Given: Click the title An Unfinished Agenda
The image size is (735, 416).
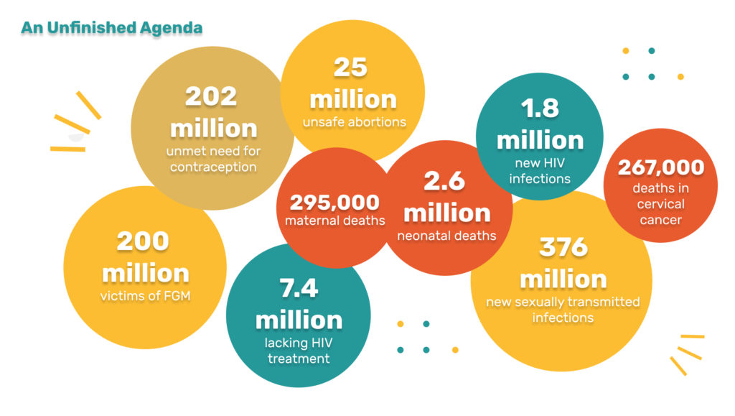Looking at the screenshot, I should tap(111, 28).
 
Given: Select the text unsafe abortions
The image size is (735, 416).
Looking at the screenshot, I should tap(354, 121).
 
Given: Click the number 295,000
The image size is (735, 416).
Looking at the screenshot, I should tap(334, 203).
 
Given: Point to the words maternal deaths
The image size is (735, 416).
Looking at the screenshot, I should tap(334, 221).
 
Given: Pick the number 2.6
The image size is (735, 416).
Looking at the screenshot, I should tap(445, 182).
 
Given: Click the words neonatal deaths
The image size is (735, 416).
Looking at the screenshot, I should tap(446, 235).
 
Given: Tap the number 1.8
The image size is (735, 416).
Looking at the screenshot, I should tap(540, 108).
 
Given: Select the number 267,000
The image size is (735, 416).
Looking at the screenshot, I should tap(661, 168).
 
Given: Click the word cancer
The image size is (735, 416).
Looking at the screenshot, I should tap(661, 219).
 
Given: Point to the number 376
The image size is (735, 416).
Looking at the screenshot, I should tap(563, 246).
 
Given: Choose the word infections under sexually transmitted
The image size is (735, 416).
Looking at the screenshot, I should tap(563, 317).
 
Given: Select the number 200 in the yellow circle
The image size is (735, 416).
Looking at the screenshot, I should tap(144, 242).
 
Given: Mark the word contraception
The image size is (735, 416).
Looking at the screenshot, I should tap(212, 167).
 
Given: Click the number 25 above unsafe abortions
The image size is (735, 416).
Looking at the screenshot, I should tap(351, 68).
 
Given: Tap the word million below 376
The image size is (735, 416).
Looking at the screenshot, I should tap(563, 279).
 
